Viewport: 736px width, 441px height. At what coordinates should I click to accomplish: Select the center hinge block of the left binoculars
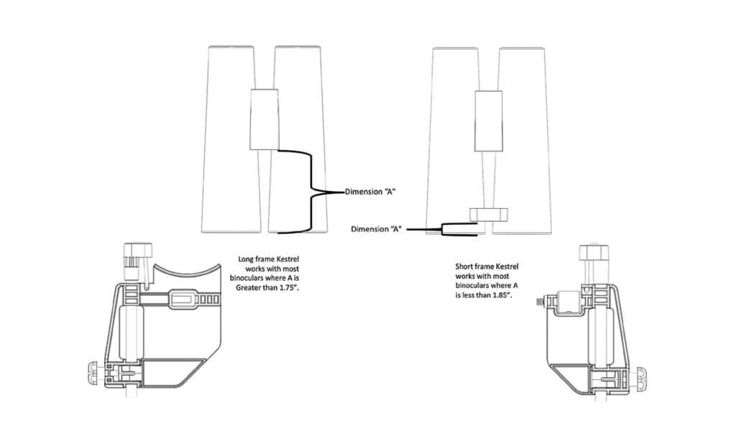coord(264,119)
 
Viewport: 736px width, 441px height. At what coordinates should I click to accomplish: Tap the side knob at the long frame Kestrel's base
coord(97,372)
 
